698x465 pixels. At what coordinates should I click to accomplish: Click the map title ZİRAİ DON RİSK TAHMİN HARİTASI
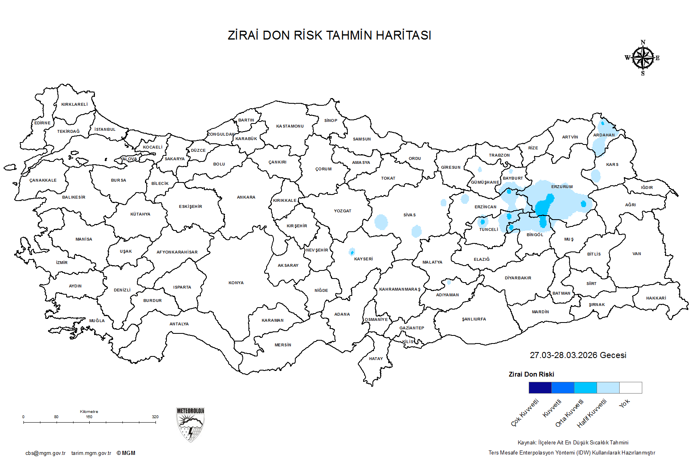(329, 36)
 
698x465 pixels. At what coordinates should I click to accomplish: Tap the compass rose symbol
(643, 58)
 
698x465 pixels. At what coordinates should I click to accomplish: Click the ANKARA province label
(246, 197)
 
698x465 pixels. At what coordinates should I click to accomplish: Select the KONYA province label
(236, 283)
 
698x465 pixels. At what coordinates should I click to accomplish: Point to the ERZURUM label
(562, 187)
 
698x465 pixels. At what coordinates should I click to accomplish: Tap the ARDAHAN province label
(604, 135)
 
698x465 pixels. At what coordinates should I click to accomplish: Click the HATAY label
(376, 359)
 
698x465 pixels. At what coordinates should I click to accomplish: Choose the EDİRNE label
(42, 123)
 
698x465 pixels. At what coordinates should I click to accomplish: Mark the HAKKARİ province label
(656, 298)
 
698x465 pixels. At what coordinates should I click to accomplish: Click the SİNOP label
(330, 121)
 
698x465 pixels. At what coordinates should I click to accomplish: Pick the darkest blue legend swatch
(540, 388)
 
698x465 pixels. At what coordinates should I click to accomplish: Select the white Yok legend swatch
(631, 388)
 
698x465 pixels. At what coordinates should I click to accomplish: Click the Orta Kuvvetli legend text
(570, 413)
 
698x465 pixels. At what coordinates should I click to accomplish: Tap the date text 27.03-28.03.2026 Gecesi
(578, 355)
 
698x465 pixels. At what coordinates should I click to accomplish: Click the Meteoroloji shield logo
(190, 424)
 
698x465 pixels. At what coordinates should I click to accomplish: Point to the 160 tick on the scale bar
(89, 422)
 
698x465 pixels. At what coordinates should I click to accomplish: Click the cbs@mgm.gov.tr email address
(45, 453)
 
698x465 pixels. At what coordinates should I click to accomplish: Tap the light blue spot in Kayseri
(352, 252)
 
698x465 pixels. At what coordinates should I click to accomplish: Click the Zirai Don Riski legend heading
(531, 375)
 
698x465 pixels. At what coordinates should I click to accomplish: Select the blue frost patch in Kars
(595, 176)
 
